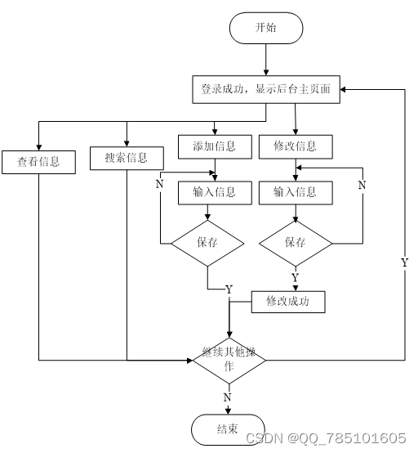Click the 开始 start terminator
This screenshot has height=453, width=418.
coord(266,28)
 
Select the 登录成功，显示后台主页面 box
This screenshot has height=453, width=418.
coord(266,89)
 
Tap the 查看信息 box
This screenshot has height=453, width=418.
coord(38,162)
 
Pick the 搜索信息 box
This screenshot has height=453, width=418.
coord(127,158)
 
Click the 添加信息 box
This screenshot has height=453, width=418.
coord(215,146)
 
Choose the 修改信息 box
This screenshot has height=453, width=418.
coord(296,146)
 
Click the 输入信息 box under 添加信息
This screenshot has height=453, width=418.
coord(215,193)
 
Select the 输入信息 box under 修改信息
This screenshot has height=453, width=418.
coord(296,193)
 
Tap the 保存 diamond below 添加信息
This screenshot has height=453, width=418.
coord(207,243)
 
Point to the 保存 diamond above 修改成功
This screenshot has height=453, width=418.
coord(296,243)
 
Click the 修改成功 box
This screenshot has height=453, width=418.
coord(288,302)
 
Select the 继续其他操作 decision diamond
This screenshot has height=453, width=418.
coord(229,361)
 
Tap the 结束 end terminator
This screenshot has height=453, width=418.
coord(228,429)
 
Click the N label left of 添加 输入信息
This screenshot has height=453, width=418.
coord(159,184)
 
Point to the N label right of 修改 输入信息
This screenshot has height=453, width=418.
coord(362,185)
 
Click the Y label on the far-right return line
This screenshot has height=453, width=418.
coord(405,262)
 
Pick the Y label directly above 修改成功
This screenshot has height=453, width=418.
coord(295,277)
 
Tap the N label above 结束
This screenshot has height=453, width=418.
coord(227,397)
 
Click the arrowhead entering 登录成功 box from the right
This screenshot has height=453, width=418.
coord(343,90)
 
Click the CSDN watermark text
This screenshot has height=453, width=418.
coord(326,438)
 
